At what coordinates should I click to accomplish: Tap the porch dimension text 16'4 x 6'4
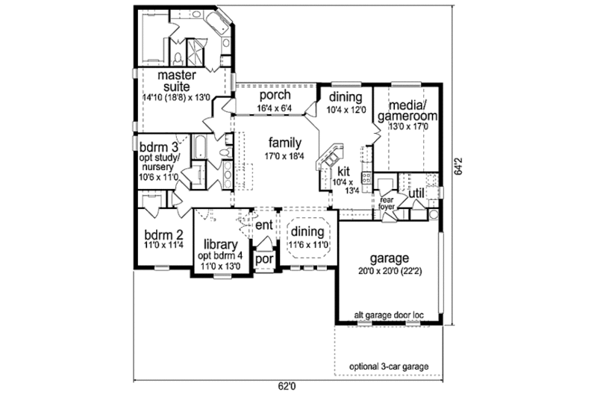275,108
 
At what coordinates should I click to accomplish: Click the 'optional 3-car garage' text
394,367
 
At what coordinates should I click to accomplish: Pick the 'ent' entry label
263,225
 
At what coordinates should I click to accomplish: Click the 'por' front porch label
263,258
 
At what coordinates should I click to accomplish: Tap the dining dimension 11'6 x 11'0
309,244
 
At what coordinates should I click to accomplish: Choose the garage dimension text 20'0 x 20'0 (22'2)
386,273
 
